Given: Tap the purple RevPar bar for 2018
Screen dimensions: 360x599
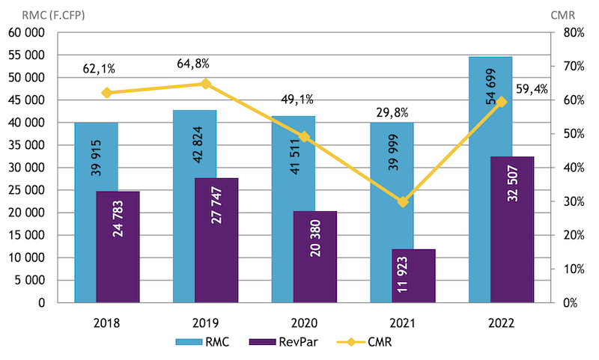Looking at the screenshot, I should tap(118, 247).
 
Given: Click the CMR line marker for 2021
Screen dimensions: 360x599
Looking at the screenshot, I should tap(403, 202).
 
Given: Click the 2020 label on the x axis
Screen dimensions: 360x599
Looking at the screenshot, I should tap(303, 324).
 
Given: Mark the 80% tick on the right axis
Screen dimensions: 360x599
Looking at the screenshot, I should tap(570, 33).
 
